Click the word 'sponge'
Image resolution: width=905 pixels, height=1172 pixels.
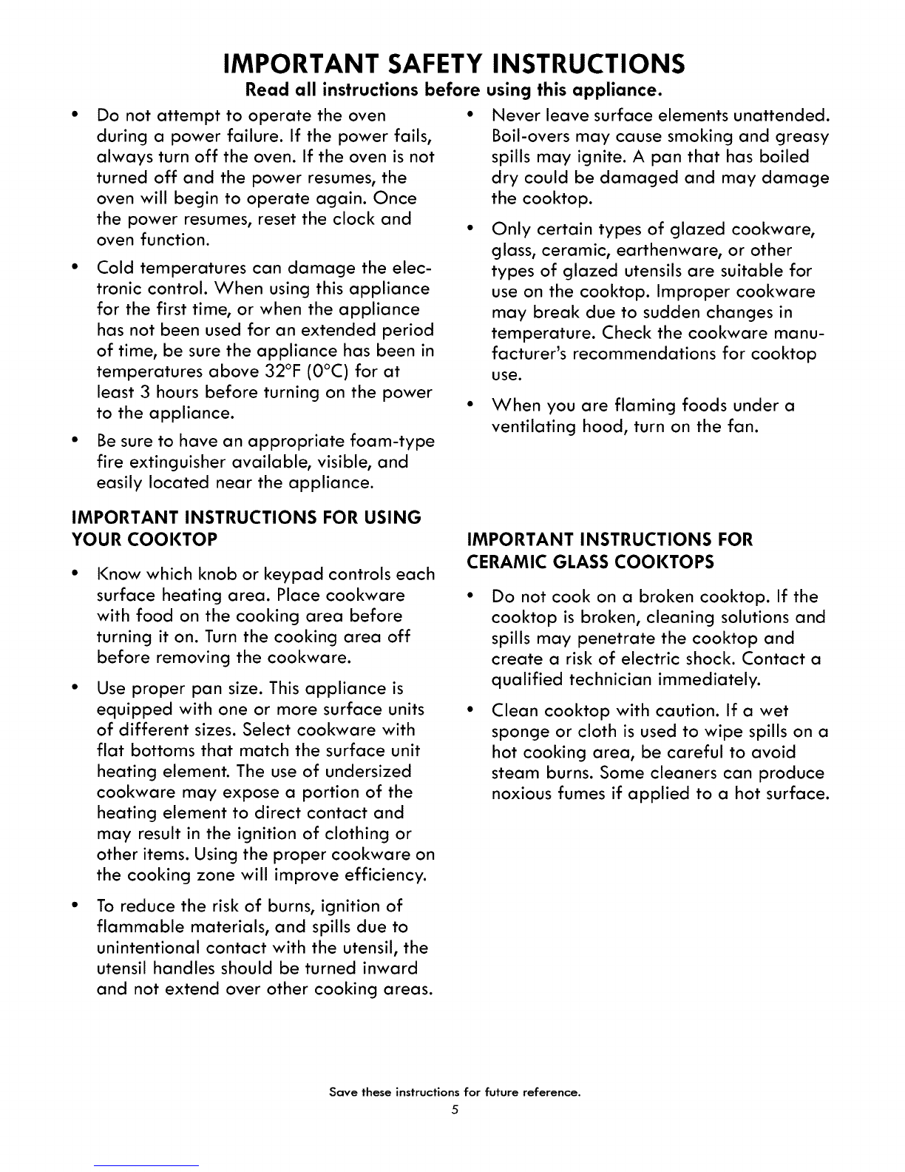(521, 732)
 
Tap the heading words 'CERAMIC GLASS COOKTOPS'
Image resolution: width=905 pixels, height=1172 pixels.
(591, 562)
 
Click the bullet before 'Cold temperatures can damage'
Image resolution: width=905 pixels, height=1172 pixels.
(76, 268)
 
